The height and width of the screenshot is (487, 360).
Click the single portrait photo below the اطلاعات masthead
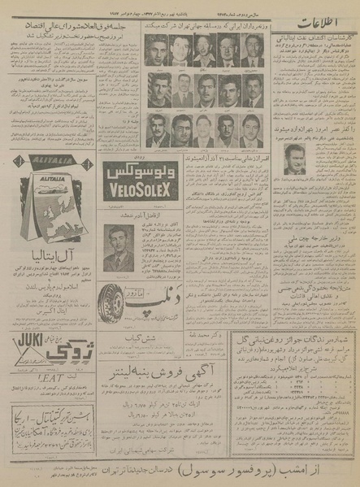[295, 159]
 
